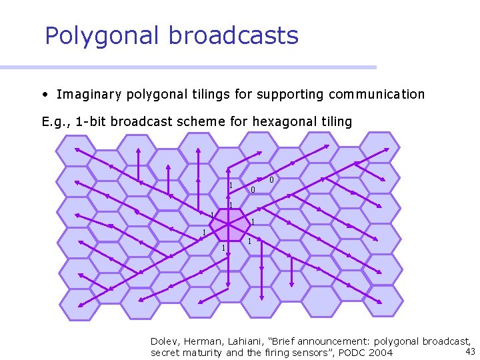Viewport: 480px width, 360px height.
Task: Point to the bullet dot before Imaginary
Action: click(44, 95)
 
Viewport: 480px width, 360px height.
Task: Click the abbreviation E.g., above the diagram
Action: click(55, 122)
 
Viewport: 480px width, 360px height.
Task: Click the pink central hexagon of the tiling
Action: click(229, 226)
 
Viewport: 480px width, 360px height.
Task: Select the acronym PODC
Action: click(351, 353)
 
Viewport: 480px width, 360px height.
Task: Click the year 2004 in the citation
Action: click(380, 353)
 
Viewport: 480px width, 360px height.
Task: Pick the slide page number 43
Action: click(470, 351)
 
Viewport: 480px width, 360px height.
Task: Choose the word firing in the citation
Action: click(261, 353)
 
